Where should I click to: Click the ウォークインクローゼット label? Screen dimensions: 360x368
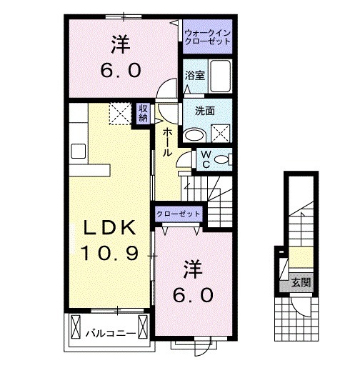pos(207,37)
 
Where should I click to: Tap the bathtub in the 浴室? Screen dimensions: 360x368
pos(220,76)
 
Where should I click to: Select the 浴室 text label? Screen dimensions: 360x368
pos(195,76)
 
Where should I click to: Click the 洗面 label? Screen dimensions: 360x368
pos(205,111)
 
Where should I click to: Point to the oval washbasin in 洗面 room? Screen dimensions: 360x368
pos(195,135)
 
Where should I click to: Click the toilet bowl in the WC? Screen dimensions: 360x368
pos(221,159)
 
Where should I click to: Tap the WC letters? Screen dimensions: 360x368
pos(206,159)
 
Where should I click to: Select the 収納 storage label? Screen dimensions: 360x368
pos(143,113)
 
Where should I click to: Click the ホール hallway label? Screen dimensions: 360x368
pos(167,142)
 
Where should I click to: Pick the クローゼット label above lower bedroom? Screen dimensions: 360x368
pos(179,214)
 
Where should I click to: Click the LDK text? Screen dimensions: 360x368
pos(109,228)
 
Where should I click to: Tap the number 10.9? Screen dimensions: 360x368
pos(109,253)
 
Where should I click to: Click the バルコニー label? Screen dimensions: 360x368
pos(111,333)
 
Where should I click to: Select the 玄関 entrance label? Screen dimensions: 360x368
pos(301,282)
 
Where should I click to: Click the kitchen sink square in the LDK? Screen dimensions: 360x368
pos(79,151)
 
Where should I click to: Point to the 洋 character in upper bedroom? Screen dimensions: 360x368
pos(121,45)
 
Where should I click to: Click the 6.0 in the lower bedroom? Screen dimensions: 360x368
pos(193,294)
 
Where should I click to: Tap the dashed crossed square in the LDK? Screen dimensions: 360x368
pos(120,114)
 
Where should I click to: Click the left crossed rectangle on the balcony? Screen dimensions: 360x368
pos(76,326)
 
